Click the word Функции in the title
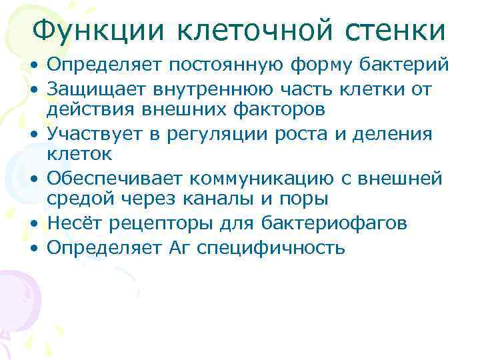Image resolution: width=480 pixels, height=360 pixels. [x=99, y=29]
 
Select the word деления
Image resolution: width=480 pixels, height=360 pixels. [x=393, y=133]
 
